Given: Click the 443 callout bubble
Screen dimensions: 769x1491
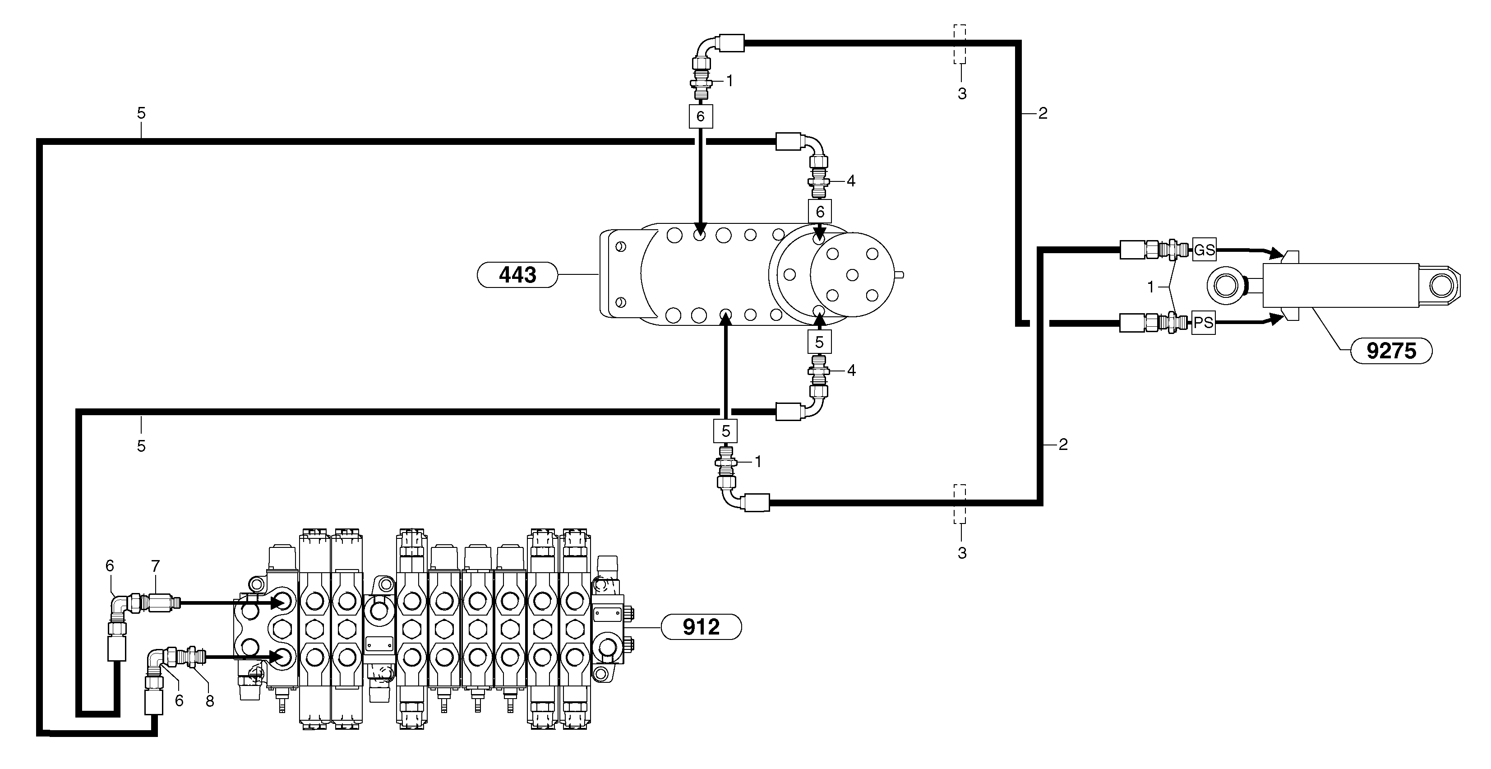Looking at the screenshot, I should (517, 274).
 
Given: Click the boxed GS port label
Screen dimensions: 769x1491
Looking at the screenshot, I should (1204, 250).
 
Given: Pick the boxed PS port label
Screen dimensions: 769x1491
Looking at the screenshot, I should (1203, 323).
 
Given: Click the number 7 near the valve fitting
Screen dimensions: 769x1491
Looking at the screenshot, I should (155, 566).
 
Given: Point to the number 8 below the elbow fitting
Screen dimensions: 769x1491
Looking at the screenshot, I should (209, 701).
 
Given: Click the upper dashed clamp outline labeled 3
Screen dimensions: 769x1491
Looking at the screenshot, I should (960, 44).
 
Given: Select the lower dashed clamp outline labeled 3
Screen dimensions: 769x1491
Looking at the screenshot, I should (960, 504).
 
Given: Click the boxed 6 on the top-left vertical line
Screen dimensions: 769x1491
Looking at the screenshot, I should (700, 116).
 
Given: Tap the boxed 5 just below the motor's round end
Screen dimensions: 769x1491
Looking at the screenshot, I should (819, 342).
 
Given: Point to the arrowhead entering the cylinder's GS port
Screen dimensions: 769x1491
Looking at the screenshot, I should (1276, 254).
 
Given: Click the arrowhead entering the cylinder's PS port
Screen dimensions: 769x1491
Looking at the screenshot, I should (1276, 319).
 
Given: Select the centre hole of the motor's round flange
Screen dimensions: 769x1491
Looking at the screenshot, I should (851, 275).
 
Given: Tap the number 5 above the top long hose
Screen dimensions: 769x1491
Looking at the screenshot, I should (141, 113).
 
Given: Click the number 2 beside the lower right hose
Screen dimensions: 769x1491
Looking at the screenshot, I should (1063, 445).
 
